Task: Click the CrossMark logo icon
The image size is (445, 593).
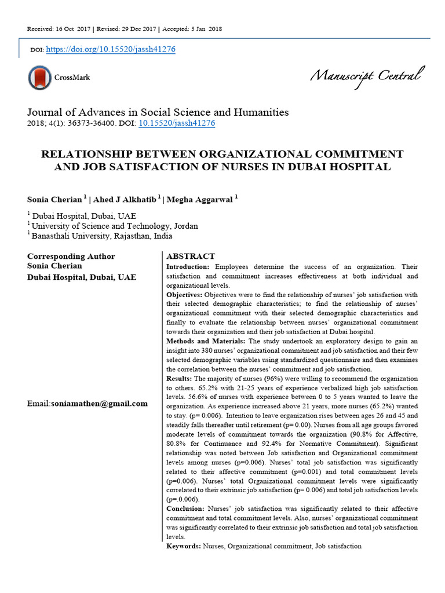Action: click(39, 78)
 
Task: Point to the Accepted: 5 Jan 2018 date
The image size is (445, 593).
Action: click(192, 29)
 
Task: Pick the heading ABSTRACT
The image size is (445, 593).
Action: click(191, 256)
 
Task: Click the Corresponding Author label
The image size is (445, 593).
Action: click(71, 256)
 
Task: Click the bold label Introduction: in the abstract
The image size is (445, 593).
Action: click(189, 267)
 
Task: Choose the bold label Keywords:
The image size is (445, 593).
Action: click(184, 546)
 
